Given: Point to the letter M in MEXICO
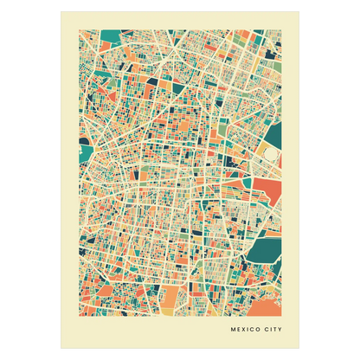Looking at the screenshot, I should tap(233, 329).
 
